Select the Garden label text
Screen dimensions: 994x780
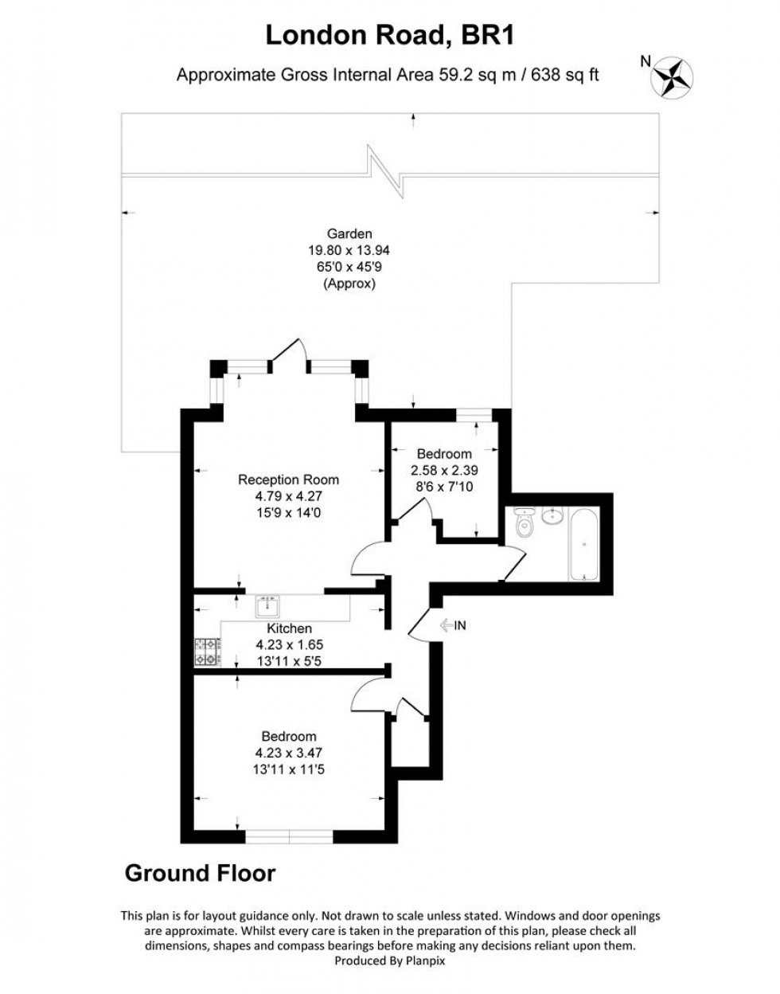(x=349, y=233)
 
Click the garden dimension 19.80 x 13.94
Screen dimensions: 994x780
(x=349, y=250)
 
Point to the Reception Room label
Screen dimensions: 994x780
(x=288, y=479)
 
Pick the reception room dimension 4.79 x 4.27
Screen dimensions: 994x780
(x=288, y=496)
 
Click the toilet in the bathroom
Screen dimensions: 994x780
(x=524, y=526)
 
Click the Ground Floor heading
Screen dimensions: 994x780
(x=200, y=873)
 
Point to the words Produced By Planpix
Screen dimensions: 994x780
(x=390, y=961)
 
